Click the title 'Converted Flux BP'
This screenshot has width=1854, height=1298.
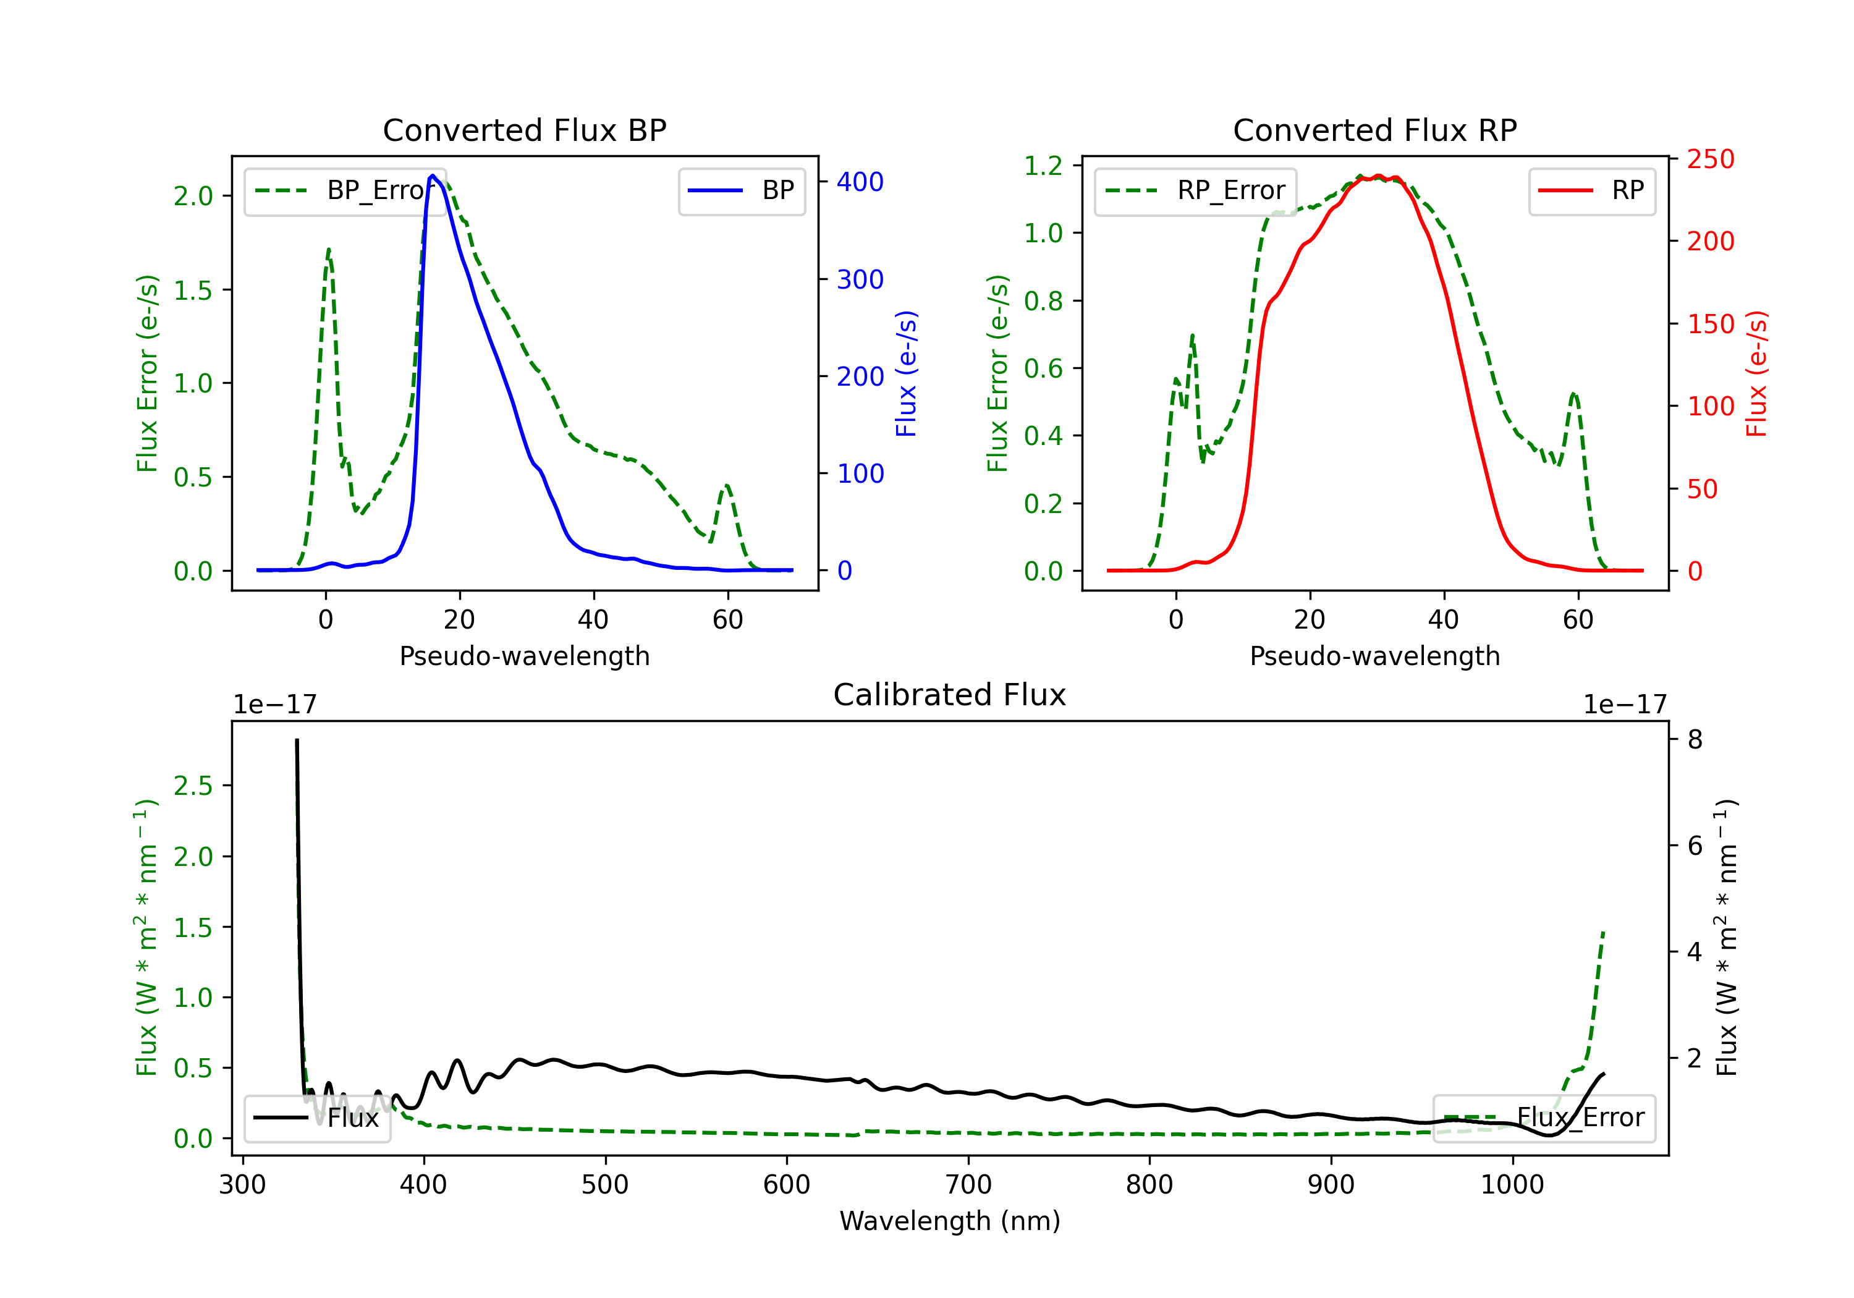coord(524,130)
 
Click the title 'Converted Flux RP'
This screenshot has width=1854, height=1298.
coord(1374,130)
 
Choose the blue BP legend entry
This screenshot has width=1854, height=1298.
coord(741,190)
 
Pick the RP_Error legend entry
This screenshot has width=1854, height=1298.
coord(1196,190)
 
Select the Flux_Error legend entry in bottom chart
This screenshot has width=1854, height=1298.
coord(1544,1118)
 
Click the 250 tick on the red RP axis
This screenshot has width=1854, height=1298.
coord(1710,159)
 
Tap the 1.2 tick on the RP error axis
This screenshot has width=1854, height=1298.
coord(1043,166)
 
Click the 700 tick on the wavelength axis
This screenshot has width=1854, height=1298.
coord(968,1185)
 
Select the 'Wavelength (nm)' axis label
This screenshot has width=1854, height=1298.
coord(950,1221)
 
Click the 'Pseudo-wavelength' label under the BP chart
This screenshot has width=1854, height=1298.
coord(524,656)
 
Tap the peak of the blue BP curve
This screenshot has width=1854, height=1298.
coord(433,176)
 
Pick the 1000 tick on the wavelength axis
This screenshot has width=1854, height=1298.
coord(1512,1185)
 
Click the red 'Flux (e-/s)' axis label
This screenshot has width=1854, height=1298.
coord(1756,373)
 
